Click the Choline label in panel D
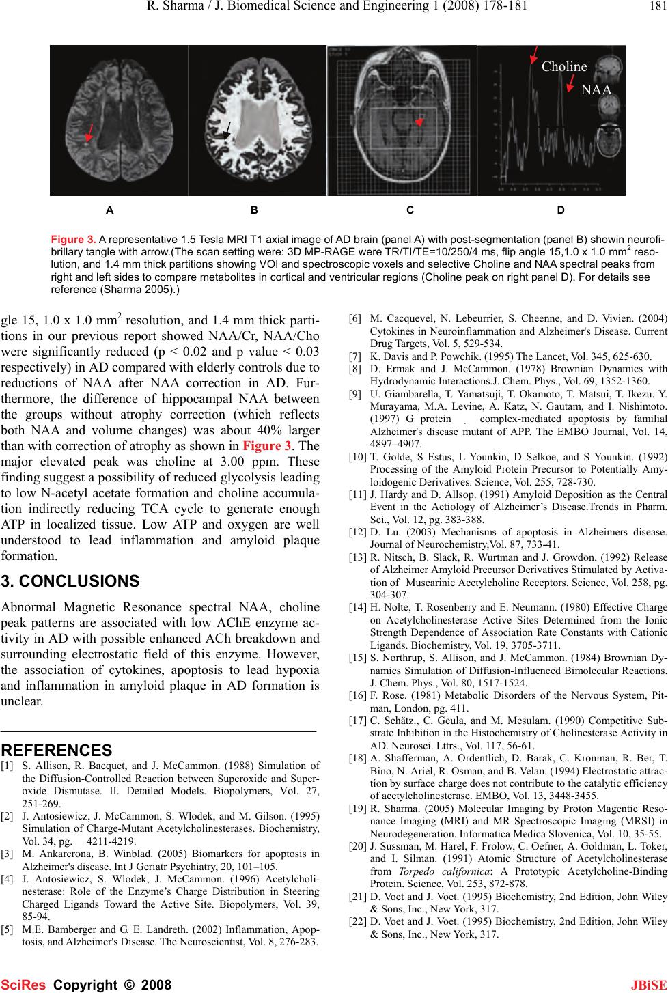click(563, 67)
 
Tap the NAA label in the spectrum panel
click(596, 89)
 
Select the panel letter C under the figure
click(410, 210)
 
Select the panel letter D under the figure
click(561, 210)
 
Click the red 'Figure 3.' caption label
click(74, 240)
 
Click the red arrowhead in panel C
click(420, 122)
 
